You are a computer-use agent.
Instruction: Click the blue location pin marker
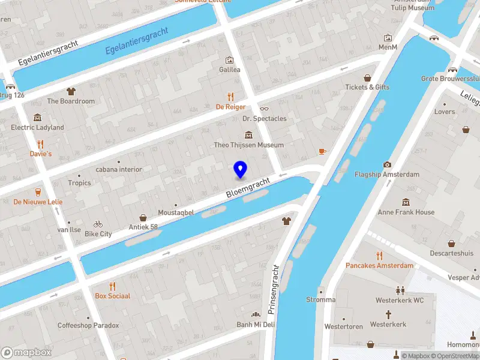241,170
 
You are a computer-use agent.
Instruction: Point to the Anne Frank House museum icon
406,202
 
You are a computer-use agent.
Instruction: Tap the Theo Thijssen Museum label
248,145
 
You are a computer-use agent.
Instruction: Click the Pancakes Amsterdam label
379,265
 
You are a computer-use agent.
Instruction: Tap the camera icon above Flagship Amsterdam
387,164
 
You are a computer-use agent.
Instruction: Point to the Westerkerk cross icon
388,314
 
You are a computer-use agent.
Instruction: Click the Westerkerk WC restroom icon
400,290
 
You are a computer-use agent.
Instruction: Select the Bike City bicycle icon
98,224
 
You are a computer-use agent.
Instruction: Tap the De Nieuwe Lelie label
38,202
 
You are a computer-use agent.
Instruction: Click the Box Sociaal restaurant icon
112,286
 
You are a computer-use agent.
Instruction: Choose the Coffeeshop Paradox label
88,325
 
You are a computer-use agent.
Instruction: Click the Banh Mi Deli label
255,325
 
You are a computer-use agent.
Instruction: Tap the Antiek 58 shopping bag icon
143,217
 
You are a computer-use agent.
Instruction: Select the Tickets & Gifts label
367,87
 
